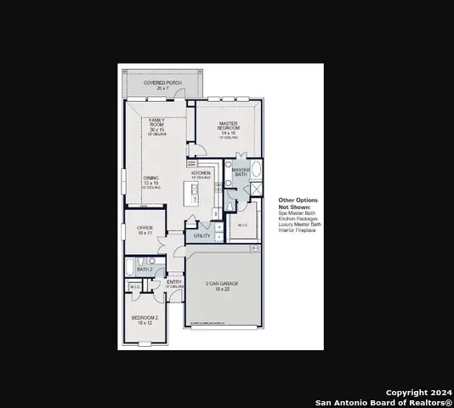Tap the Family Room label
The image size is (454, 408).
pyautogui.click(x=157, y=126)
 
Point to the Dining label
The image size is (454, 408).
pyautogui.click(x=150, y=180)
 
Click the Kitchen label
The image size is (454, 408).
pyautogui.click(x=201, y=174)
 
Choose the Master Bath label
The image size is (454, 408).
pyautogui.click(x=241, y=172)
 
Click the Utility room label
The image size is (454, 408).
pyautogui.click(x=201, y=235)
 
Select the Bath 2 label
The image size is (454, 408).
pyautogui.click(x=145, y=269)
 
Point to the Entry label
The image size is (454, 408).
pyautogui.click(x=173, y=283)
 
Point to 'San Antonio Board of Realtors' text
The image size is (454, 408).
pyautogui.click(x=383, y=402)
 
